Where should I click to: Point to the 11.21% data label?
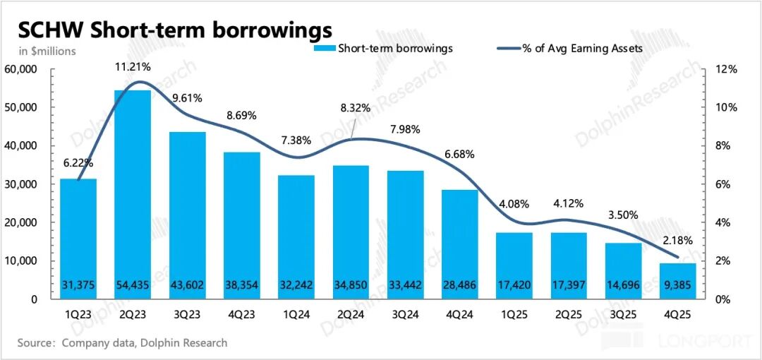pos(133,67)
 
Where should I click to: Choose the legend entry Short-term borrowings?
pos(385,48)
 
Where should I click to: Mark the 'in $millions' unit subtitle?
pos(47,51)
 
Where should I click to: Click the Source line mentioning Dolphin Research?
pos(123,343)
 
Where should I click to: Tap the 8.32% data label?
pos(351,108)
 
